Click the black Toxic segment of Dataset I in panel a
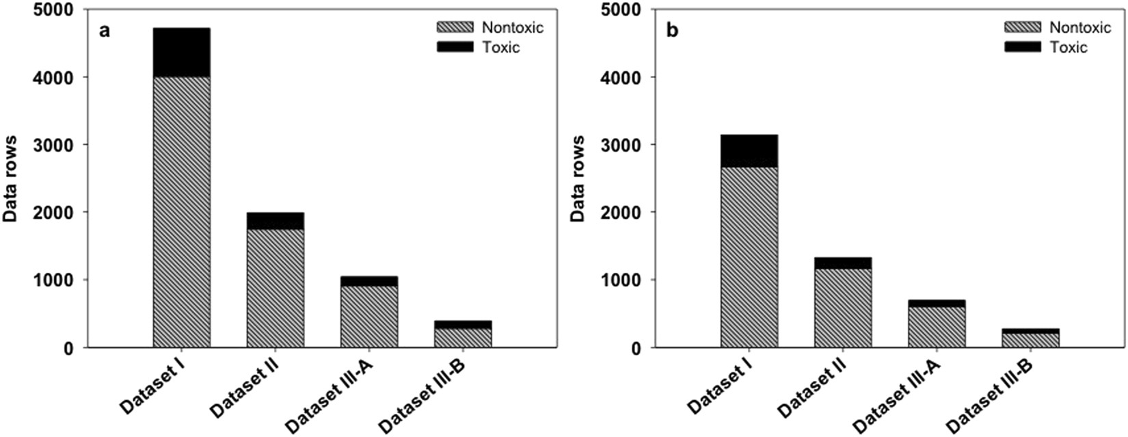click(x=181, y=53)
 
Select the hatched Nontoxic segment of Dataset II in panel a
click(x=276, y=289)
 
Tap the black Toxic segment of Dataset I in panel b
click(x=749, y=151)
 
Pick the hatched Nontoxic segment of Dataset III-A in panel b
click(x=937, y=327)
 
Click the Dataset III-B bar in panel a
click(x=463, y=334)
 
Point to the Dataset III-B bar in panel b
click(x=1030, y=339)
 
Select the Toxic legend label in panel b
click(x=1068, y=47)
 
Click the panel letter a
click(x=105, y=31)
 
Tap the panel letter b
click(x=673, y=31)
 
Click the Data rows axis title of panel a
click(x=11, y=178)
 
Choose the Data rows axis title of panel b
click(x=578, y=178)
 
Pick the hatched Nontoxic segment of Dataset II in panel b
click(x=842, y=308)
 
